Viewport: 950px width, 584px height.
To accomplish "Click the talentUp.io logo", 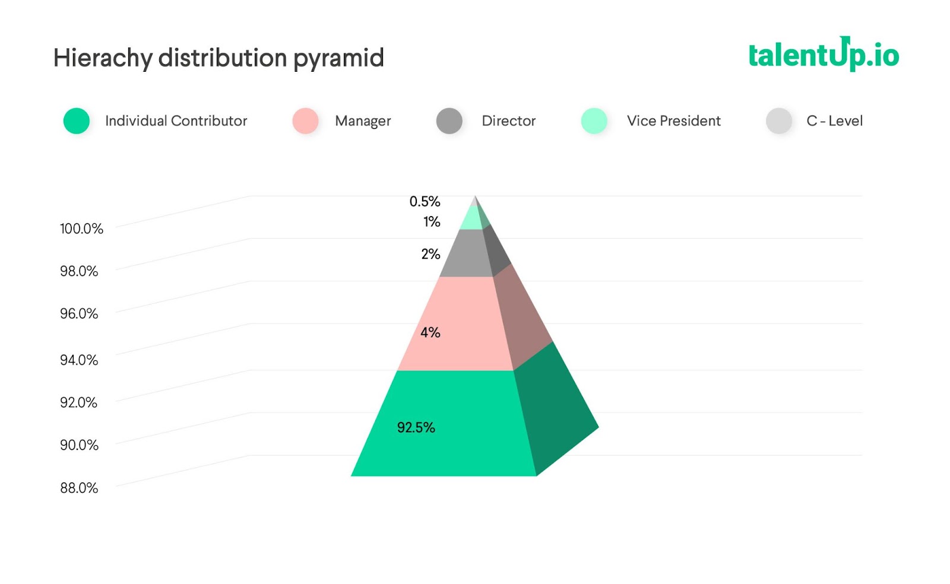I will [x=823, y=55].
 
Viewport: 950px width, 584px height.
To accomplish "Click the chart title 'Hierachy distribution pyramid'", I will [x=218, y=58].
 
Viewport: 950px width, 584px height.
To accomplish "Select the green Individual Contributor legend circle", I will [x=77, y=121].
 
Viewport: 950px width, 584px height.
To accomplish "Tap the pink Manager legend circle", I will [x=305, y=121].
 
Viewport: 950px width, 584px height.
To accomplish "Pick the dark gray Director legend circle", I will [x=449, y=121].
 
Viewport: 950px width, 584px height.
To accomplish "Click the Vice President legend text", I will [x=673, y=121].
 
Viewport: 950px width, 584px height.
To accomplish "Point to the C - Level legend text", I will [x=834, y=121].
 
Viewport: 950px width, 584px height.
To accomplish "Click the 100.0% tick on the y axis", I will [x=81, y=228].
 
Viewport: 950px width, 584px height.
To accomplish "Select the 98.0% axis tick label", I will [x=79, y=271].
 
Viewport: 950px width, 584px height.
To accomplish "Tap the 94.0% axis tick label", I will [x=79, y=360].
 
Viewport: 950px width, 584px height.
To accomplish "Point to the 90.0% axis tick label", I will [x=79, y=445].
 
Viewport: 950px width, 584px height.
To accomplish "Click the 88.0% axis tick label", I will [x=79, y=488].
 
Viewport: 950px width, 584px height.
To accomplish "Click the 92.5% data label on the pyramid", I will [x=416, y=427].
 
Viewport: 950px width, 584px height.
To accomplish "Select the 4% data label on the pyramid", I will [x=430, y=332].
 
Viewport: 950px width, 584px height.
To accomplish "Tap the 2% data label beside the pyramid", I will [x=430, y=254].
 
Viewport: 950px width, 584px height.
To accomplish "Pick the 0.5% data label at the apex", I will [x=425, y=202].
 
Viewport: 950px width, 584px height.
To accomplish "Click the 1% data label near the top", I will [x=432, y=222].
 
